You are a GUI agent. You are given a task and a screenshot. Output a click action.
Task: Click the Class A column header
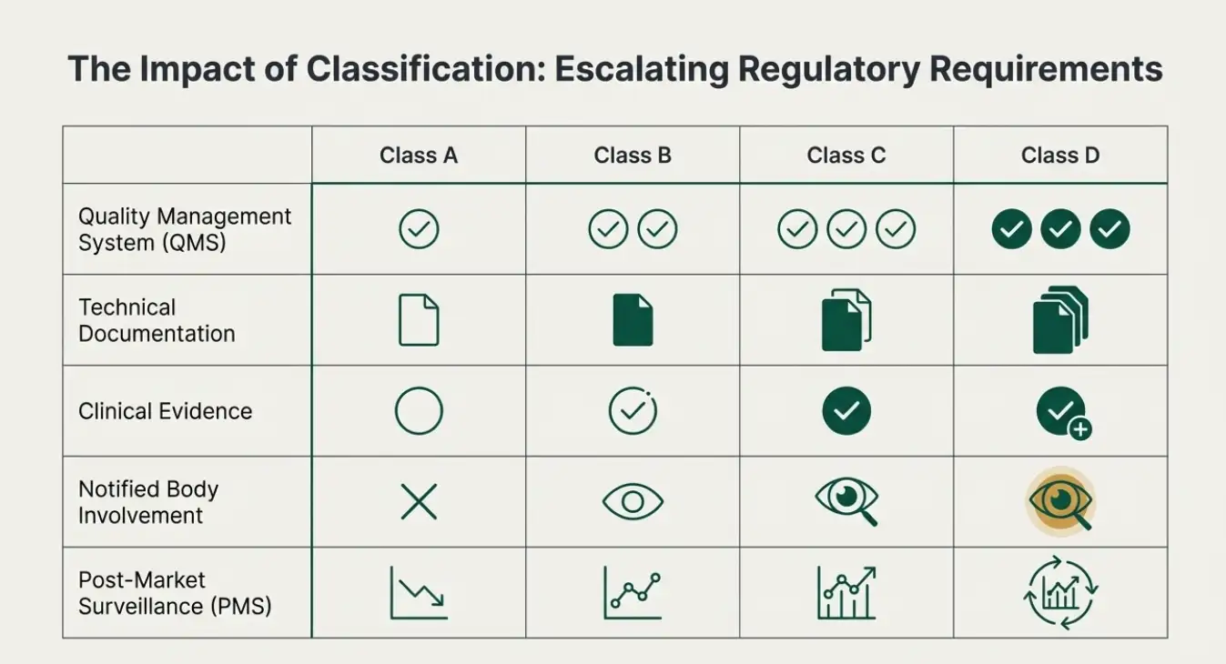419,156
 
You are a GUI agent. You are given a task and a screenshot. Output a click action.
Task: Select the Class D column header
1060,156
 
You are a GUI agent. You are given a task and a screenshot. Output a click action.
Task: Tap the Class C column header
846,156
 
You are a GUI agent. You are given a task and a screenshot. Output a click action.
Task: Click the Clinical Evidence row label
165,411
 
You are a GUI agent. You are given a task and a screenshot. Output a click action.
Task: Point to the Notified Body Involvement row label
147,502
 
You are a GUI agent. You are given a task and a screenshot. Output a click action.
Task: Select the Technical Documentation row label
157,320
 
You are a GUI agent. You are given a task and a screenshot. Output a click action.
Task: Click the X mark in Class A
419,501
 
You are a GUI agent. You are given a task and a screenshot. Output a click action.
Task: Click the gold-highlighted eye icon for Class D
1060,501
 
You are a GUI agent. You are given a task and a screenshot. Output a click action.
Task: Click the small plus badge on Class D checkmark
1080,429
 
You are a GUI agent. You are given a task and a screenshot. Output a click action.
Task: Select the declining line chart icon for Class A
419,593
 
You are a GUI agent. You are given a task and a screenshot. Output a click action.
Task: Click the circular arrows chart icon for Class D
1060,593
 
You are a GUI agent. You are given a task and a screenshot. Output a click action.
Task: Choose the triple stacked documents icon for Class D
1060,320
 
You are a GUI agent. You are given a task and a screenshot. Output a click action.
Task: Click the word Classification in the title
426,69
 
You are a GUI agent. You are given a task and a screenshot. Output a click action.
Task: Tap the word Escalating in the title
642,69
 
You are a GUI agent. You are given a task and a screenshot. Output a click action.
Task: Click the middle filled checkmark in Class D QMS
1060,228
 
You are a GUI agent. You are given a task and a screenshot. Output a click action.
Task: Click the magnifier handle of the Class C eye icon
868,516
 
